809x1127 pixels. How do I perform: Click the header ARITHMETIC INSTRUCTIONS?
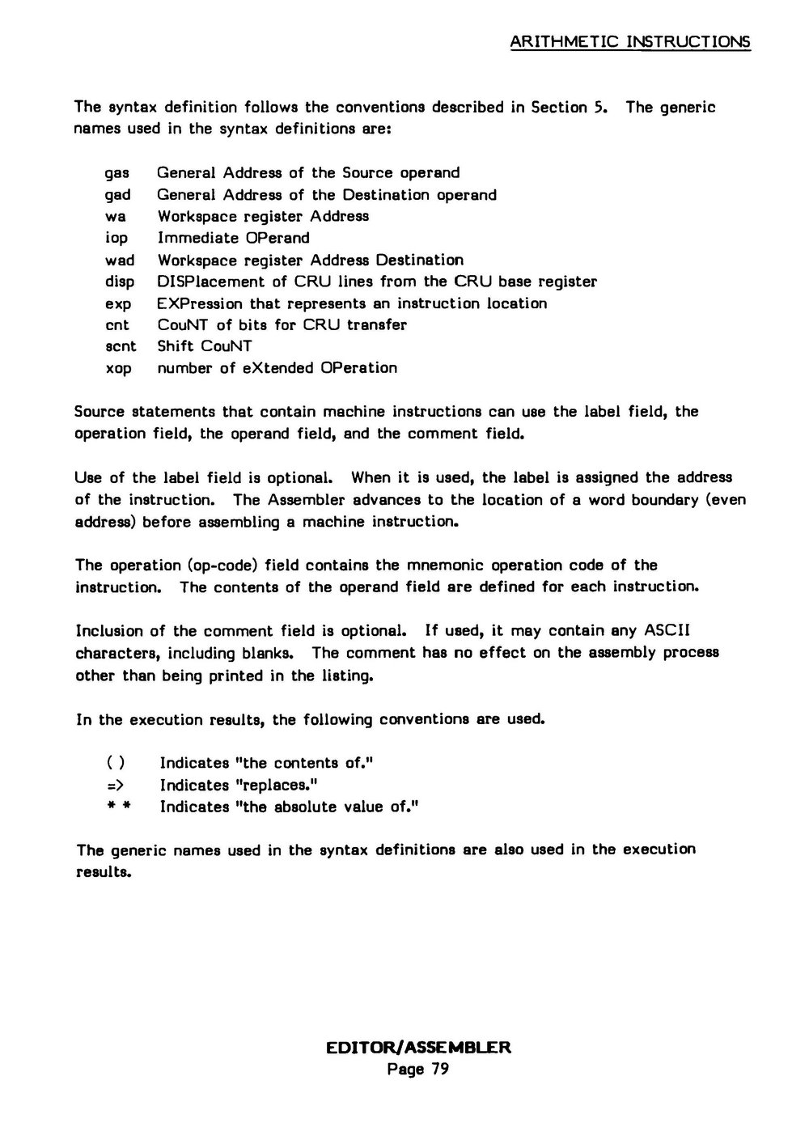click(x=631, y=42)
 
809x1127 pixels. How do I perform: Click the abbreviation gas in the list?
click(x=118, y=174)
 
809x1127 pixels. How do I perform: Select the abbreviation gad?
click(x=118, y=196)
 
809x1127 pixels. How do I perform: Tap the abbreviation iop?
click(x=116, y=239)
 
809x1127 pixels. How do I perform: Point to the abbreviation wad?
click(x=120, y=261)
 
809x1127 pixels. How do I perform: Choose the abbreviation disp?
click(x=120, y=282)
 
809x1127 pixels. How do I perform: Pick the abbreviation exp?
click(x=118, y=304)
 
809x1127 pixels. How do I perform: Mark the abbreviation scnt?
click(x=121, y=347)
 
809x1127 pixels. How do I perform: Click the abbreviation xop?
click(x=118, y=369)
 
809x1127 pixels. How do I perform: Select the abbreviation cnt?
click(x=117, y=325)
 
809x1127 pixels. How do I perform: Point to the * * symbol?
click(x=114, y=807)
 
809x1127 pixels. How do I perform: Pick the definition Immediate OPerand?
click(x=233, y=238)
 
